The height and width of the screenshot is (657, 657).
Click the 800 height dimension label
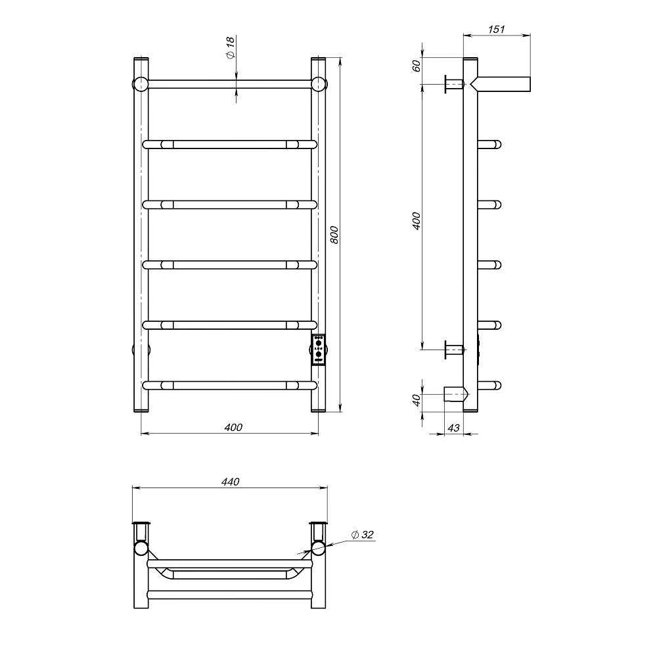click(x=334, y=235)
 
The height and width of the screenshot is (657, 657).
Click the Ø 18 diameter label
click(x=231, y=48)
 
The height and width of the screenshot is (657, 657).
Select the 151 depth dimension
click(x=496, y=30)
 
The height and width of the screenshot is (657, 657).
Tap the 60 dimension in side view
click(x=416, y=66)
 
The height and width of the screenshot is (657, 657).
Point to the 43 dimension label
click(x=453, y=428)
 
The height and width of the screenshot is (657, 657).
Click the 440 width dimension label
click(x=230, y=482)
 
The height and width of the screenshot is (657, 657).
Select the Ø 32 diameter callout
click(x=362, y=535)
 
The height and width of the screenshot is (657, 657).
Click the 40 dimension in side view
click(x=416, y=400)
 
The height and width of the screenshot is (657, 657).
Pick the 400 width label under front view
click(x=233, y=428)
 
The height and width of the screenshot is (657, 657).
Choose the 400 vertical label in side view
click(x=416, y=221)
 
